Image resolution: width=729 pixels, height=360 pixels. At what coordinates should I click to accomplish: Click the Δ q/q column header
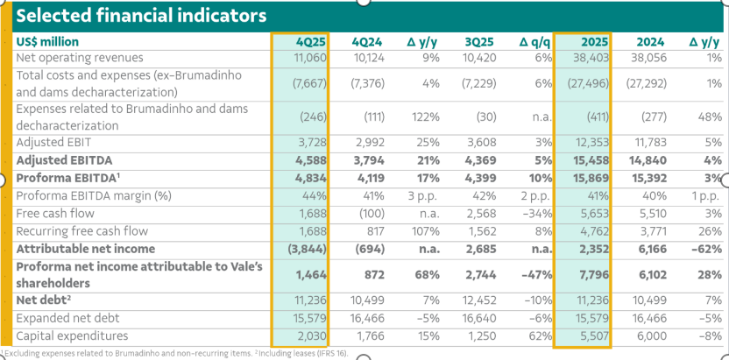pyautogui.click(x=534, y=41)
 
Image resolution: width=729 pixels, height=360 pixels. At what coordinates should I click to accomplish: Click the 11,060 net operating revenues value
pyautogui.click(x=309, y=57)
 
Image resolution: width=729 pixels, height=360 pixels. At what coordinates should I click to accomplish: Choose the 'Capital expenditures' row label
pyautogui.click(x=72, y=335)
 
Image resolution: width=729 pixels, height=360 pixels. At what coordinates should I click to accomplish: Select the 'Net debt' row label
pyautogui.click(x=45, y=300)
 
